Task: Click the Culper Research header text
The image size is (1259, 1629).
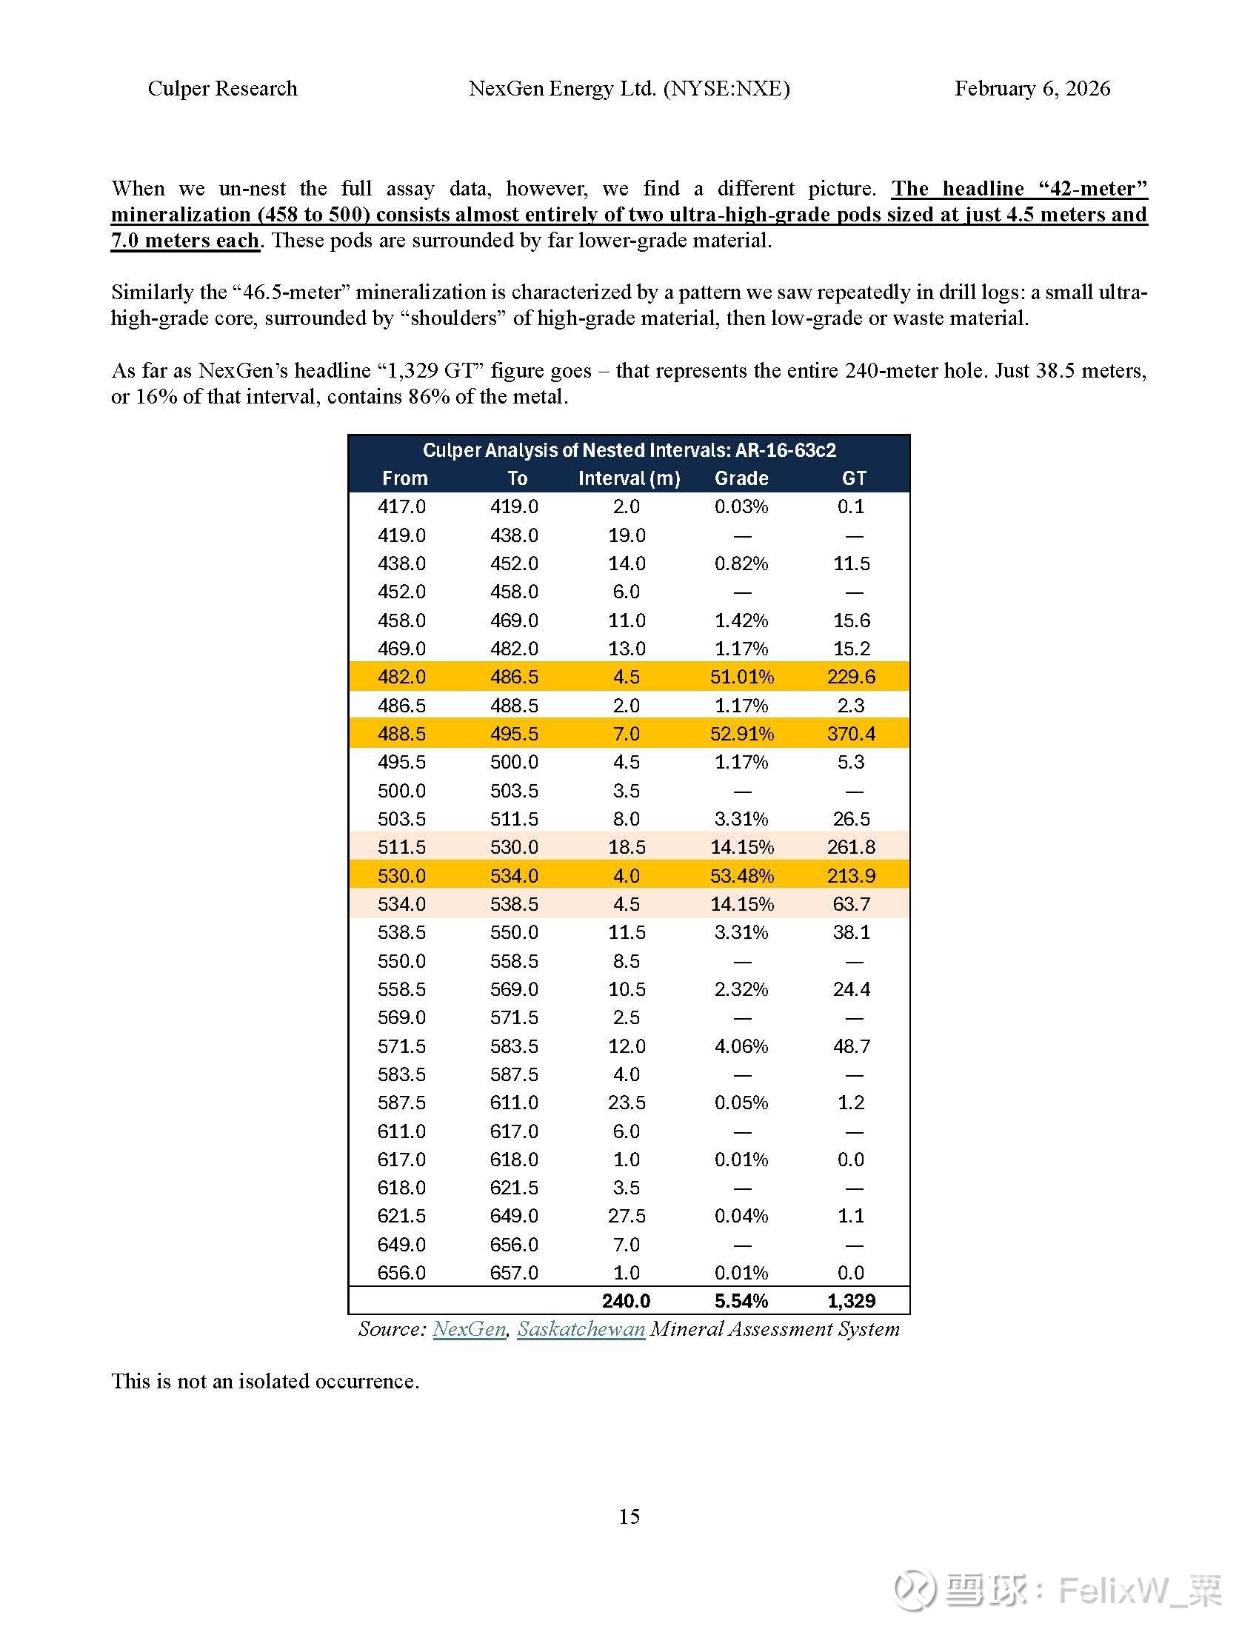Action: (x=222, y=89)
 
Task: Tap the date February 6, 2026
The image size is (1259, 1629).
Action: (x=1032, y=89)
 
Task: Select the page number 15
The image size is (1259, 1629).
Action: (x=629, y=1516)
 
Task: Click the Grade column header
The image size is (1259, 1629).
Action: (x=741, y=478)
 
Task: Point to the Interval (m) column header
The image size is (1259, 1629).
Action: (x=629, y=478)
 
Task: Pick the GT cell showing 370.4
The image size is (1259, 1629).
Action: (x=851, y=734)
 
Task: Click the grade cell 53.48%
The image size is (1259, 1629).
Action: (x=741, y=876)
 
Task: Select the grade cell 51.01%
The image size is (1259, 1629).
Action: (x=741, y=677)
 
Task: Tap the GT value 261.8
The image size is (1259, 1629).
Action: (x=851, y=847)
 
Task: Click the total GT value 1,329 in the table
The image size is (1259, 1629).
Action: (x=851, y=1301)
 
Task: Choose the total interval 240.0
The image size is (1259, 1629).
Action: (x=626, y=1301)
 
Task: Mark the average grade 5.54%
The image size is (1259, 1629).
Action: (x=741, y=1301)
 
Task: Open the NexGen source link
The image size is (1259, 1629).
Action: (x=469, y=1329)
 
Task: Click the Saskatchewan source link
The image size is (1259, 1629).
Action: (x=581, y=1329)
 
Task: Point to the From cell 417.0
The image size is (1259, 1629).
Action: (x=401, y=506)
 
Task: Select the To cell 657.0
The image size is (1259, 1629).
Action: (x=514, y=1272)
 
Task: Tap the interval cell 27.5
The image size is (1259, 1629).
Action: (x=627, y=1216)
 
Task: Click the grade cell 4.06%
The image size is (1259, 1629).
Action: (x=741, y=1046)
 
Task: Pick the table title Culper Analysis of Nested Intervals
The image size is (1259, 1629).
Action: (x=629, y=449)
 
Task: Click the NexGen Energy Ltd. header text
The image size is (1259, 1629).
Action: (x=629, y=89)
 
